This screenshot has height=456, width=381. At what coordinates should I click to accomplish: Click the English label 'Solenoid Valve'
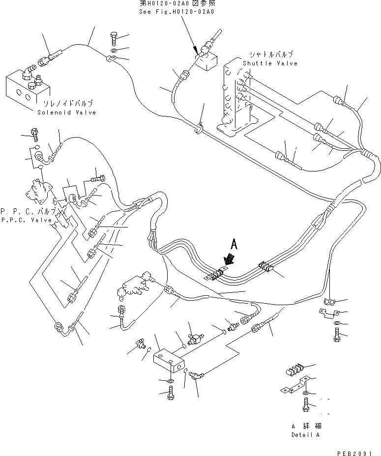coord(66,113)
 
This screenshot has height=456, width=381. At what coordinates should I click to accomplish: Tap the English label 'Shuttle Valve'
coord(270,63)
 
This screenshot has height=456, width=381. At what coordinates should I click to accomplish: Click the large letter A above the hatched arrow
coord(234,243)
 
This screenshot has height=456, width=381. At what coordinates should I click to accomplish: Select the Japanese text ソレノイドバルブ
coord(68,104)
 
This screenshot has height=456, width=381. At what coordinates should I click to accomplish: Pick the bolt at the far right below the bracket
coord(337,337)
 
